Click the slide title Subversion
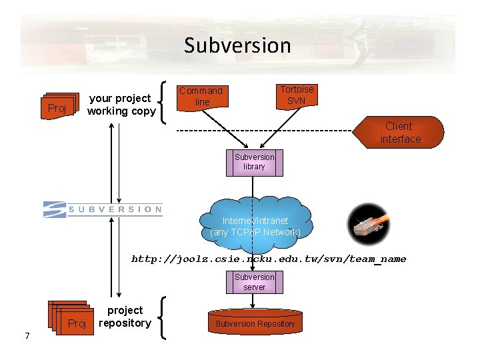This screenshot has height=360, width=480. point(237,45)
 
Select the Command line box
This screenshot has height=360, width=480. point(201,96)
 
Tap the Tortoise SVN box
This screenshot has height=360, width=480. point(296,95)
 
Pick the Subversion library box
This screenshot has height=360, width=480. point(254,162)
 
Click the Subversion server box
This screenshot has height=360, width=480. point(254,282)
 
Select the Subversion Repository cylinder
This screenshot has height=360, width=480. point(254,323)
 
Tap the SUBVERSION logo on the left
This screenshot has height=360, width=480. point(103,209)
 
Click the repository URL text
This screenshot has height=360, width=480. point(269,259)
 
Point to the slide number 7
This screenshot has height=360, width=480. point(27,335)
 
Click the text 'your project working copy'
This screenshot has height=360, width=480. point(121,105)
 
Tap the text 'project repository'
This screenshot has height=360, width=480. point(125,317)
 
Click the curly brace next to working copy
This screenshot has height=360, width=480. point(165,102)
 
